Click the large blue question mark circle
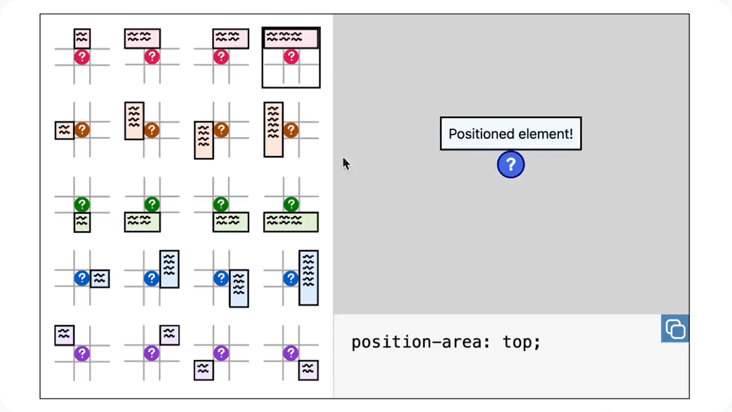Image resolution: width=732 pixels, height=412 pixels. click(511, 165)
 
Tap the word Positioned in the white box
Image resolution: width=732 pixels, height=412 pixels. click(477, 134)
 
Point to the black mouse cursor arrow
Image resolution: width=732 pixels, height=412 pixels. click(347, 164)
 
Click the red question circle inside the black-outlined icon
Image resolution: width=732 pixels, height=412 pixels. click(291, 57)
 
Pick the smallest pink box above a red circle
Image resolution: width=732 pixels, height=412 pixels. click(82, 38)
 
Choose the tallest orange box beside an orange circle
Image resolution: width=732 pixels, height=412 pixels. click(273, 129)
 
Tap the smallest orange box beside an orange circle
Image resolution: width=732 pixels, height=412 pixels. click(64, 130)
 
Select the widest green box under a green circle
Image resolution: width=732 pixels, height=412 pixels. click(291, 222)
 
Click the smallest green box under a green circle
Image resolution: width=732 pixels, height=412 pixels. click(82, 223)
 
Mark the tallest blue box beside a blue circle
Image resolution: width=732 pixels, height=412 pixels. click(308, 277)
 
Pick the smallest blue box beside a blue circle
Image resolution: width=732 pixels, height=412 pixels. click(100, 279)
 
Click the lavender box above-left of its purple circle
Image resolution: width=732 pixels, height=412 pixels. click(64, 335)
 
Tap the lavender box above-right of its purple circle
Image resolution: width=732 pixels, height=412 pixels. click(170, 335)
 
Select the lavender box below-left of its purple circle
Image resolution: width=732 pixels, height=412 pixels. click(203, 370)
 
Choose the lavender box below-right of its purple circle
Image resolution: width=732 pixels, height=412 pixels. click(308, 370)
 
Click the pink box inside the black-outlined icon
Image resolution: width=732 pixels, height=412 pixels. click(291, 38)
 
